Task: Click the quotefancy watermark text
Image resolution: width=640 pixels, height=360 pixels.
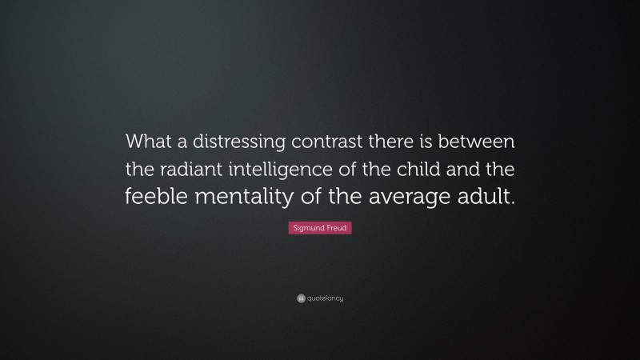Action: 325,298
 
